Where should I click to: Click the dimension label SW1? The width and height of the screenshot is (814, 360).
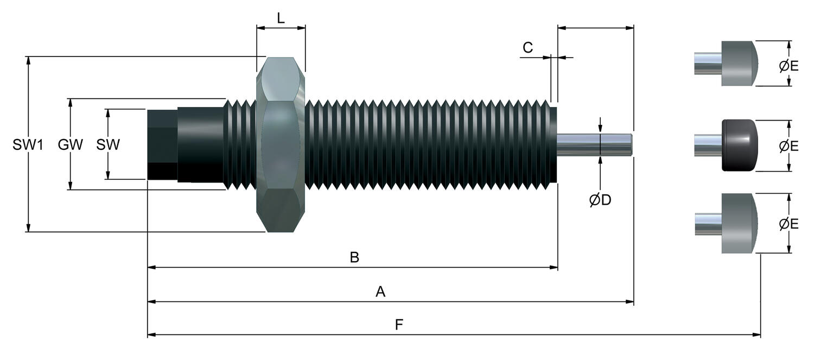coord(28,145)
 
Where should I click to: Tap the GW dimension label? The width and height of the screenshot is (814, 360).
coord(70,145)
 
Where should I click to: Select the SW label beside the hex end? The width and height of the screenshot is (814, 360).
coord(107,145)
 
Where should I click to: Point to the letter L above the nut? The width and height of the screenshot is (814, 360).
coord(281,18)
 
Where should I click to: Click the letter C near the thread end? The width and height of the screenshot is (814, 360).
coord(527,47)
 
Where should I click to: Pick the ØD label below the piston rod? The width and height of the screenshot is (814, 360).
coord(600,200)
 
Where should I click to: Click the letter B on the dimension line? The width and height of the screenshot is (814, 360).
coord(354,257)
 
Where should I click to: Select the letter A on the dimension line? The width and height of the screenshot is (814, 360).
coord(380,291)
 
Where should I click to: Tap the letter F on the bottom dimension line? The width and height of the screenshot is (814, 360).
coord(399,324)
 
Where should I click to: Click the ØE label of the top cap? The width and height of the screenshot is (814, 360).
coord(789,66)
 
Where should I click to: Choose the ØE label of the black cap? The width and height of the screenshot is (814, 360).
coord(789,146)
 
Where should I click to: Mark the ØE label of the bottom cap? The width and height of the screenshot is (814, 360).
coord(789,224)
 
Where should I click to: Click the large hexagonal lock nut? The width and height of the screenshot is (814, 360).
coord(281,145)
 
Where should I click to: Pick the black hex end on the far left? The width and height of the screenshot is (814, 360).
coord(162,144)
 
